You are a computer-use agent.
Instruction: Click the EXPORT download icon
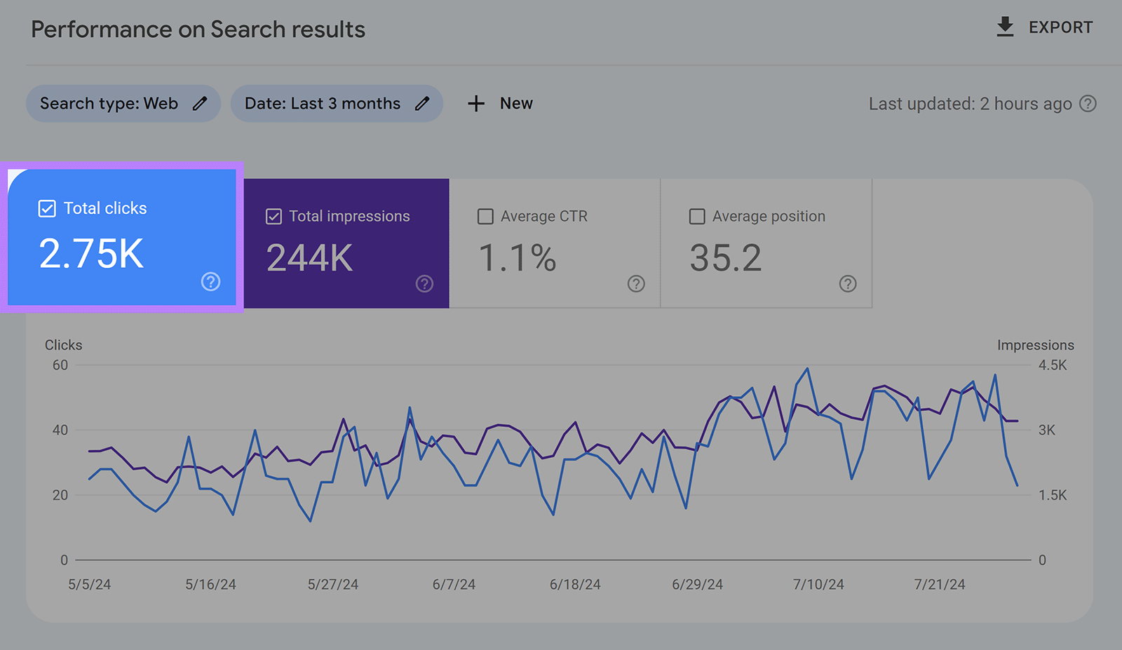(1005, 27)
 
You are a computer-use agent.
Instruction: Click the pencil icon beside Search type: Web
(200, 104)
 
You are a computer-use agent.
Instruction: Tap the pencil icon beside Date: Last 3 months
(422, 104)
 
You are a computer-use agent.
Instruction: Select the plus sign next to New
(476, 104)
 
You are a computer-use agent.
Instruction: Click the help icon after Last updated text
(1088, 104)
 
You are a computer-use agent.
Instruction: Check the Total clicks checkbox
(47, 208)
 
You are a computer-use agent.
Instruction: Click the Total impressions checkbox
(274, 217)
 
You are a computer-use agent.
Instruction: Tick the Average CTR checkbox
(485, 217)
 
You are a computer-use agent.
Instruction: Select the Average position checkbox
(697, 217)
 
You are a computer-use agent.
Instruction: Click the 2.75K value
(91, 253)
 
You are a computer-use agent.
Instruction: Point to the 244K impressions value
(309, 258)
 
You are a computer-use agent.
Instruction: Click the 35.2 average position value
(725, 258)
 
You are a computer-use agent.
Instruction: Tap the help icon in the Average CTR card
(636, 284)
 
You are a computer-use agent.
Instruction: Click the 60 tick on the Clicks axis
(60, 365)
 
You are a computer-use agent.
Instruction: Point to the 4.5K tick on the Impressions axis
(1052, 365)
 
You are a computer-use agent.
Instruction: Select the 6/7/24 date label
(454, 585)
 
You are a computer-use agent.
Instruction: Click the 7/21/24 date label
(939, 585)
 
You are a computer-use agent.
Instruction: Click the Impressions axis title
(1035, 345)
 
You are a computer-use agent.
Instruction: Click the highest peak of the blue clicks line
(807, 368)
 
